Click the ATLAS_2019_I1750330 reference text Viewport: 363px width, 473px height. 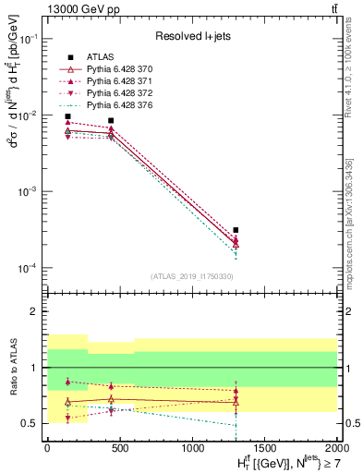pyautogui.click(x=191, y=276)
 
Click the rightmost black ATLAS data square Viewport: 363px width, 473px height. pyautogui.click(x=236, y=230)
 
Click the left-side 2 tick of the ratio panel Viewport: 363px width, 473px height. pyautogui.click(x=39, y=311)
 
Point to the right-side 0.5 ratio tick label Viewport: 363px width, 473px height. pyautogui.click(x=350, y=423)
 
